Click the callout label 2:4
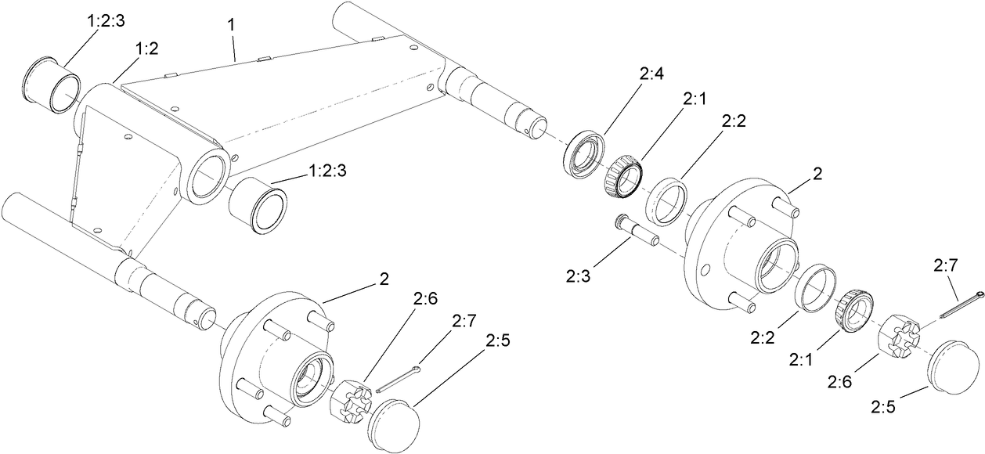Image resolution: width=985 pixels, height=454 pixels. coord(651,75)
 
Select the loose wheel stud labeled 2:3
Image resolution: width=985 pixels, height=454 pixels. coord(636,231)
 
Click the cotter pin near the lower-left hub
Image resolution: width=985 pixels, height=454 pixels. coord(400,377)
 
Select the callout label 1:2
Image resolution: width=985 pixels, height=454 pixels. coord(146,49)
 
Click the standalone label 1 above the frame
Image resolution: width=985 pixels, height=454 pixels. coord(230,25)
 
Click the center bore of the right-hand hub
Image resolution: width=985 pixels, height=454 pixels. coord(775,267)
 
